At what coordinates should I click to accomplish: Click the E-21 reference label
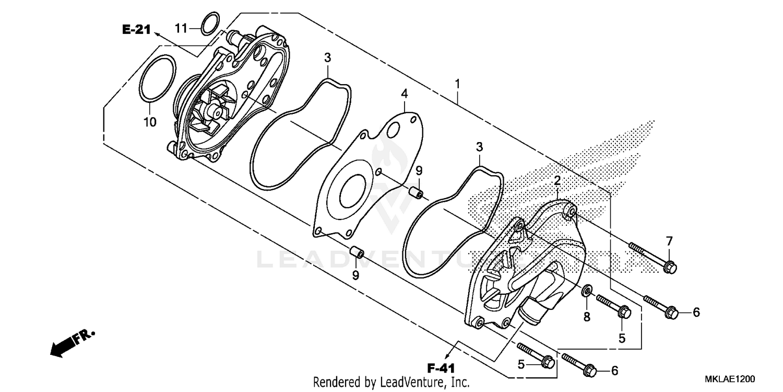click(136, 30)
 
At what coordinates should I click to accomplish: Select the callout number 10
click(150, 122)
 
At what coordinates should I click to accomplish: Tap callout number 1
click(457, 84)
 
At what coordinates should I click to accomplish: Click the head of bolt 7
click(672, 268)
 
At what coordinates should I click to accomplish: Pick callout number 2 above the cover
click(557, 181)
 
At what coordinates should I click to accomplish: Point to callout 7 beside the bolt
click(669, 241)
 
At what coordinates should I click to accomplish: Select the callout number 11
click(181, 28)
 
